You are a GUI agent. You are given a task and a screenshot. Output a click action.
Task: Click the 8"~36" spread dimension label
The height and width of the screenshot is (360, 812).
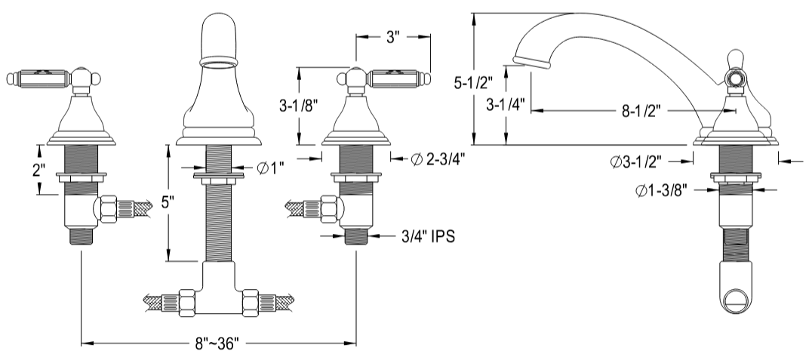(217, 343)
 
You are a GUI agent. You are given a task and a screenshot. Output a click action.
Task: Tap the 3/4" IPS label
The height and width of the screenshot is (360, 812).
(427, 235)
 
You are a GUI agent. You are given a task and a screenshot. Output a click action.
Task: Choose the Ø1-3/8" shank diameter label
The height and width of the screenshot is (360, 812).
(660, 191)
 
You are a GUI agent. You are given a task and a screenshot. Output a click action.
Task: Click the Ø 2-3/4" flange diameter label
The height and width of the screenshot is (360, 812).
(438, 158)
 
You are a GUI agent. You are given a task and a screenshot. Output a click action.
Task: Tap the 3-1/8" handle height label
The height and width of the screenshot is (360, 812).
(318, 104)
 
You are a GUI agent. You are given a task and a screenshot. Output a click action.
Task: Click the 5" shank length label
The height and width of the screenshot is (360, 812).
(169, 203)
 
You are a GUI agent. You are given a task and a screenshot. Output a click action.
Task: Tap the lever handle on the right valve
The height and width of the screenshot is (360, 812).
(398, 77)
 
